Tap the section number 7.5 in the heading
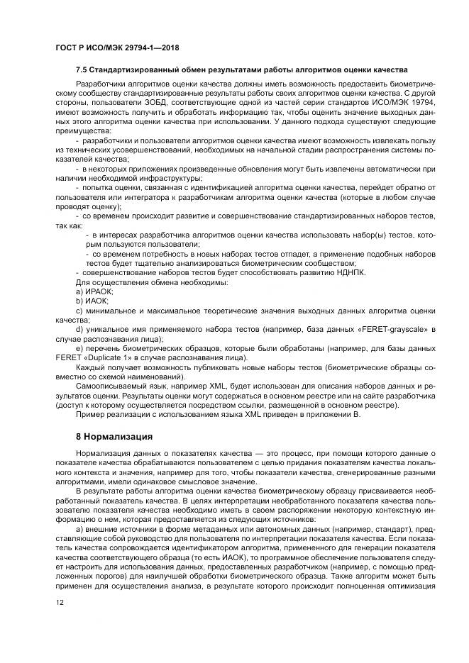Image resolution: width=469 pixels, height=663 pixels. point(82,70)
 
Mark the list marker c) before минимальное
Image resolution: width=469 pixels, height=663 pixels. point(79,311)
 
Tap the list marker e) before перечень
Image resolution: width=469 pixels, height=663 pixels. point(79,348)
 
